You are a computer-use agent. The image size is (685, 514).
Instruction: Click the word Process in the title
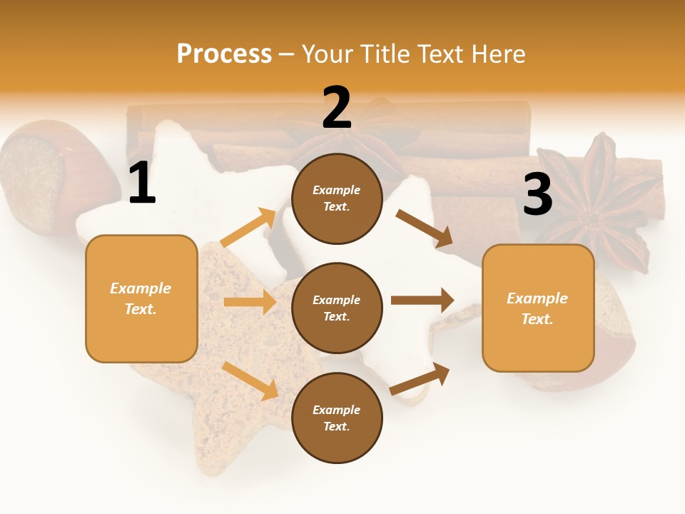pos(224,54)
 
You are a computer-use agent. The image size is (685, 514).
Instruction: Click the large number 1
pos(142,183)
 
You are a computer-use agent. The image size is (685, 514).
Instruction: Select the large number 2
pos(337,108)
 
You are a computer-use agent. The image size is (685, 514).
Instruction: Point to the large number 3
pos(537,194)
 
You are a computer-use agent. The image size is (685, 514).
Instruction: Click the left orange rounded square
pos(141,298)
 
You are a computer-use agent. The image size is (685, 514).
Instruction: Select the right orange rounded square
pos(538,308)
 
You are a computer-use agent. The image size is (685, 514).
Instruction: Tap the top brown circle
pos(337,198)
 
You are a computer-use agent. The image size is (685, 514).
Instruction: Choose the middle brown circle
pos(337,308)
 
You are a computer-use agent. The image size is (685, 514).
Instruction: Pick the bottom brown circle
pos(337,418)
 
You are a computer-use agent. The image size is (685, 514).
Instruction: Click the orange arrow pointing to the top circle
pos(248,227)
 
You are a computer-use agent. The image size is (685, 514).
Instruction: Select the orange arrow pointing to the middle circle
pos(250,302)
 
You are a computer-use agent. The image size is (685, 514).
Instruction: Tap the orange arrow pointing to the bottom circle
pos(250,381)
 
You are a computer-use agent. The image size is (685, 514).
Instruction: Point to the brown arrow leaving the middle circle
pos(422,301)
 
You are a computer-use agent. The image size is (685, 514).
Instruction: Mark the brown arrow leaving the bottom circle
pos(420,379)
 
